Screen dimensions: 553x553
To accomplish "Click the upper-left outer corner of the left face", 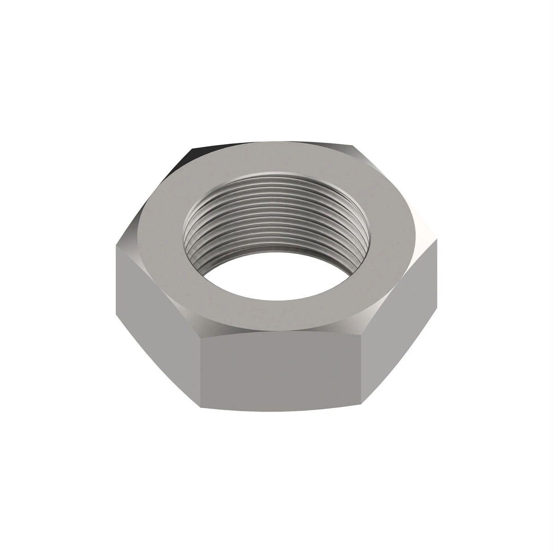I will [x=115, y=244].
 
